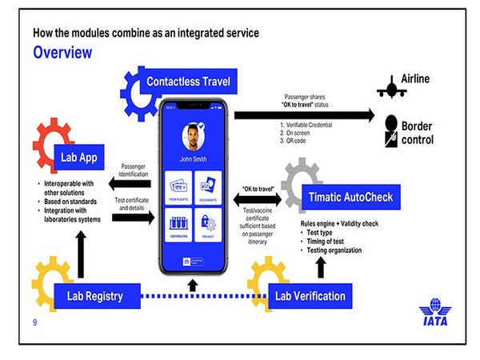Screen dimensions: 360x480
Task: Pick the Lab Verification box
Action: [x=310, y=296]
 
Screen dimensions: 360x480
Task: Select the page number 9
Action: [x=35, y=322]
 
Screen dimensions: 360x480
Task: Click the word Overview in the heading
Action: [x=62, y=53]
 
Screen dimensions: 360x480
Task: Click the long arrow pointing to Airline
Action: [x=304, y=115]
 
